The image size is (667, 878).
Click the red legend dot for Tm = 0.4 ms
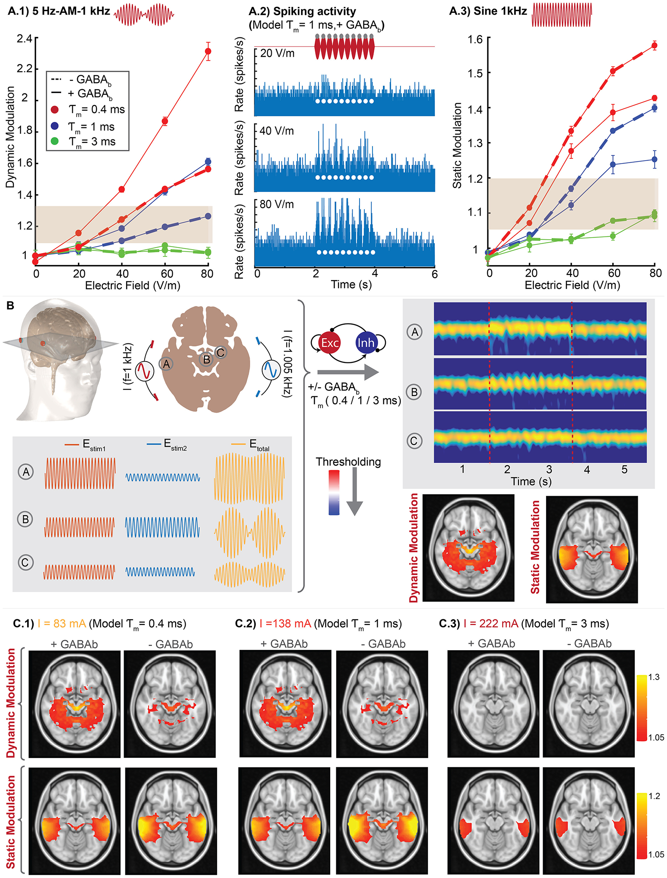point(55,110)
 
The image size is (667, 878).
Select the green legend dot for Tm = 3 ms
point(55,141)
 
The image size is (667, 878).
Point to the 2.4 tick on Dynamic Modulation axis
point(25,39)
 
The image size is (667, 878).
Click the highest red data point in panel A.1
point(208,51)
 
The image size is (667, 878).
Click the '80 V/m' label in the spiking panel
point(277,204)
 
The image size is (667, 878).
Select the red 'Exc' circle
point(330,343)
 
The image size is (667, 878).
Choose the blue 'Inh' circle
point(366,343)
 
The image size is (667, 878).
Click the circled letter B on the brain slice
point(207,359)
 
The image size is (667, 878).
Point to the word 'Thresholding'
point(348,462)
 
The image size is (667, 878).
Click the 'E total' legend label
point(259,445)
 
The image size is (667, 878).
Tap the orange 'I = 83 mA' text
point(62,623)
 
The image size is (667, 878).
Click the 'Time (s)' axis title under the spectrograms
point(531,481)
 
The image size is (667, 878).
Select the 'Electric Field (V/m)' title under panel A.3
point(572,285)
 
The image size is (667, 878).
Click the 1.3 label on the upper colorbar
point(654,677)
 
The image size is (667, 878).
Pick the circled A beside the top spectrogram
point(415,332)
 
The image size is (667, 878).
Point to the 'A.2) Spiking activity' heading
point(302,12)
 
